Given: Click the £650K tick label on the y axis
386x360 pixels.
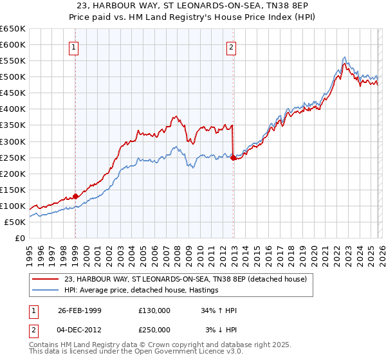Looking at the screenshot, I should click(13, 29).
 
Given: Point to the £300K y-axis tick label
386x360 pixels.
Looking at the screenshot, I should click(13, 141).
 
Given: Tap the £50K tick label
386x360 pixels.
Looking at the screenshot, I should click(15, 222).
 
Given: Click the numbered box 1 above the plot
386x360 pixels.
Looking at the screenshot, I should click(75, 47).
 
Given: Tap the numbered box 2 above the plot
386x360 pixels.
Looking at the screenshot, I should click(230, 47).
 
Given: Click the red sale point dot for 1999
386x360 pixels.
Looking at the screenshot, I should click(75, 196).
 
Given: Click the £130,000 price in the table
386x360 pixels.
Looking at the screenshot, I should click(154, 310).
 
